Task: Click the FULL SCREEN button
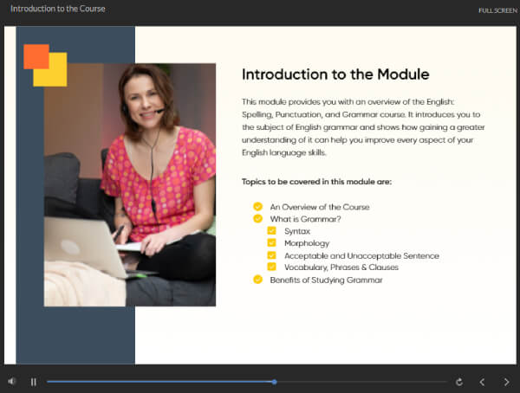point(497,10)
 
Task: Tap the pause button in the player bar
point(34,382)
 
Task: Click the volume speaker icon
point(12,382)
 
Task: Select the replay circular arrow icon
point(459,382)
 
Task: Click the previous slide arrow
point(482,382)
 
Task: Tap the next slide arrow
point(506,382)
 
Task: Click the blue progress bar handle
point(274,382)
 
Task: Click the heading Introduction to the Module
point(335,74)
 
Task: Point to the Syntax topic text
point(297,231)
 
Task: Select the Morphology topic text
point(307,243)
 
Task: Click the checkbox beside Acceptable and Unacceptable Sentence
point(271,255)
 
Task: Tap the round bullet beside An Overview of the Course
point(257,206)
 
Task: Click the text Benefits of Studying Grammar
point(327,280)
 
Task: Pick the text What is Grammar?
point(305,219)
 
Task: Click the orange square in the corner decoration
point(36,56)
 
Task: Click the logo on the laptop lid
point(70,247)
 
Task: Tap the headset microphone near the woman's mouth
point(159,111)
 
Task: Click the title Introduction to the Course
point(58,9)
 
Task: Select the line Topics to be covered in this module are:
point(316,182)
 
